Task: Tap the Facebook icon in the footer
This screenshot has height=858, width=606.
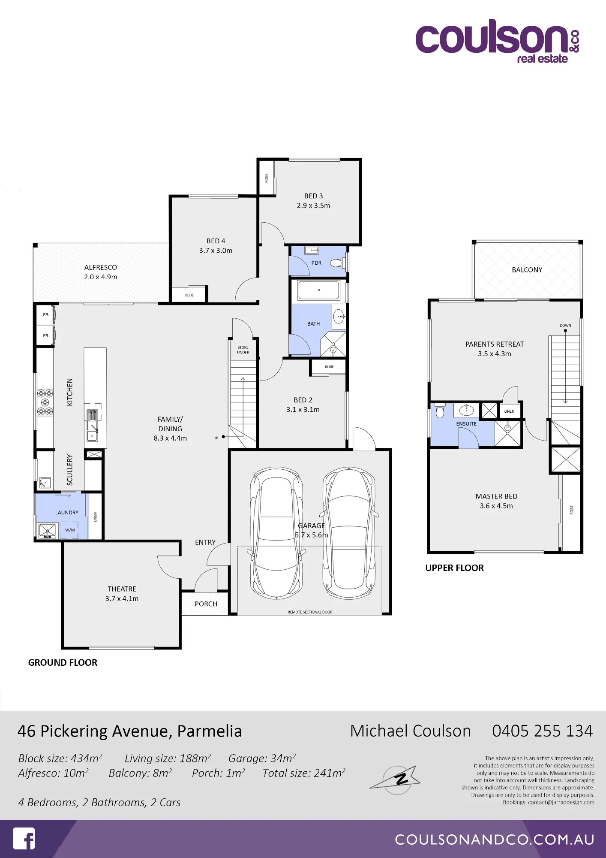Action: [x=24, y=838]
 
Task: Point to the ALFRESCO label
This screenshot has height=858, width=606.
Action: [x=101, y=267]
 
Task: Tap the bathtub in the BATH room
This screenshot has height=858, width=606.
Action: [x=319, y=290]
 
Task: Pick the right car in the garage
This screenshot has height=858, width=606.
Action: [x=349, y=532]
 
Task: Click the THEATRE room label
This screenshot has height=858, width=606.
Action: [x=122, y=589]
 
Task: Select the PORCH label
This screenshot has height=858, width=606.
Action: [x=206, y=604]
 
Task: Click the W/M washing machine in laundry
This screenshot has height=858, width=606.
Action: [x=70, y=530]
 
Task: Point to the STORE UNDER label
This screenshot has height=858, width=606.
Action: [x=243, y=350]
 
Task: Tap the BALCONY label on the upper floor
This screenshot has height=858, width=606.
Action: [x=527, y=270]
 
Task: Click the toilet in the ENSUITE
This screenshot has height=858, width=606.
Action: [x=440, y=411]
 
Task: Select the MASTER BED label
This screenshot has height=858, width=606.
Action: [x=496, y=496]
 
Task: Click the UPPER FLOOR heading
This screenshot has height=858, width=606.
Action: [x=455, y=568]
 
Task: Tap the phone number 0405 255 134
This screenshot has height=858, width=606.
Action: [x=543, y=731]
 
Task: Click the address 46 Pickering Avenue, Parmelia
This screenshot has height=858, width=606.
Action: [x=130, y=731]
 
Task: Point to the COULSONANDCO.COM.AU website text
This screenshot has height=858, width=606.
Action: [x=495, y=840]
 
